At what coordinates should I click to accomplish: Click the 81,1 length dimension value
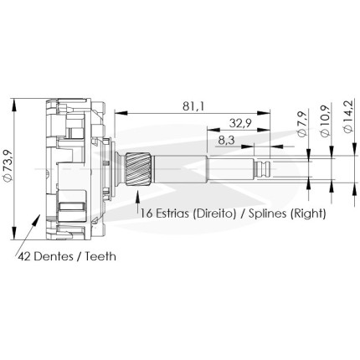pyautogui.click(x=193, y=106)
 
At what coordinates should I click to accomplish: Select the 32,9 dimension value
pyautogui.click(x=240, y=123)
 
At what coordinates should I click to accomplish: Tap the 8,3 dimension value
pyautogui.click(x=227, y=141)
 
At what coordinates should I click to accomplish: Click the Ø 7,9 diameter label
pyautogui.click(x=303, y=123)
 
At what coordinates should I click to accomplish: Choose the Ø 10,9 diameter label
pyautogui.click(x=326, y=121)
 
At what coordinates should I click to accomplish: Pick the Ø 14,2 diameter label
pyautogui.click(x=348, y=116)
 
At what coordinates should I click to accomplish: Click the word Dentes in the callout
pyautogui.click(x=53, y=256)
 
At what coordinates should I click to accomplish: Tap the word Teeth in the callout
pyautogui.click(x=100, y=256)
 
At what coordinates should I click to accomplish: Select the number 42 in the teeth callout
pyautogui.click(x=24, y=256)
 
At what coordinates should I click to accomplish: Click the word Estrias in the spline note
pyautogui.click(x=172, y=213)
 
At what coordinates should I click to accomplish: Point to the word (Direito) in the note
pyautogui.click(x=214, y=213)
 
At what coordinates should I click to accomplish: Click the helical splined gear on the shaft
pyautogui.click(x=138, y=169)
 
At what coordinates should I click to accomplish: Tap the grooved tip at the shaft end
pyautogui.click(x=262, y=169)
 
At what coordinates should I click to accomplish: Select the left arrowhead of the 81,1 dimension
pyautogui.click(x=121, y=113)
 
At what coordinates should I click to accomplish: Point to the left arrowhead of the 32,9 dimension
pyautogui.click(x=213, y=129)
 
